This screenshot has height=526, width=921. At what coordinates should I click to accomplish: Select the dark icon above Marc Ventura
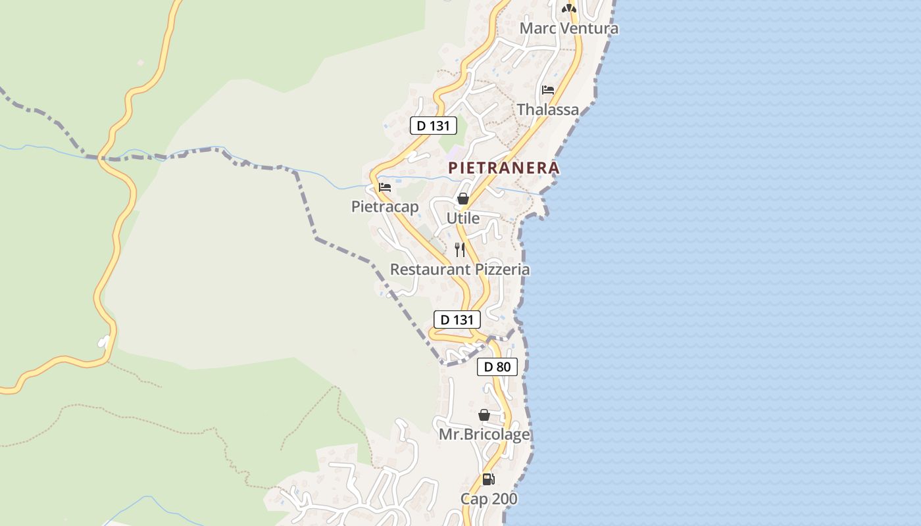click(569, 9)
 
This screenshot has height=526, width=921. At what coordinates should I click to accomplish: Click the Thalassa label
click(548, 110)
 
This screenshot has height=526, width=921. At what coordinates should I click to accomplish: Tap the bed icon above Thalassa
click(548, 90)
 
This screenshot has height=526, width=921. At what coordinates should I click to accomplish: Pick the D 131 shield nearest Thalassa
click(433, 126)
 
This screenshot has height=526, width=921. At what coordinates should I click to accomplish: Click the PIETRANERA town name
click(504, 168)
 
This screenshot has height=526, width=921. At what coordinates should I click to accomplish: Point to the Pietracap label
click(385, 206)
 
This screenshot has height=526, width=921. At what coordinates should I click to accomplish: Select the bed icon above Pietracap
click(385, 187)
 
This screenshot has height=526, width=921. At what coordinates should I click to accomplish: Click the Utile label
click(463, 218)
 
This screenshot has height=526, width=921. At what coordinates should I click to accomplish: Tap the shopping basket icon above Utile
click(463, 199)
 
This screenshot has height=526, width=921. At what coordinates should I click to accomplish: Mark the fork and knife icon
click(460, 250)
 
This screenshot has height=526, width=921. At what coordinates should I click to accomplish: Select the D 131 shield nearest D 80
click(457, 320)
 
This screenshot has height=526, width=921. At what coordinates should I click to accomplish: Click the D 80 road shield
click(497, 367)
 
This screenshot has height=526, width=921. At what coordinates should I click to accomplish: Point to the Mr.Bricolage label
click(484, 435)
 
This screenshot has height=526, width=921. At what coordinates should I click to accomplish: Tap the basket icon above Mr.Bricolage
click(484, 415)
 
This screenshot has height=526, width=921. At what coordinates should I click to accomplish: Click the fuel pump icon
click(488, 479)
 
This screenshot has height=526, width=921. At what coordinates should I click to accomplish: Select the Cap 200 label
click(489, 499)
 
